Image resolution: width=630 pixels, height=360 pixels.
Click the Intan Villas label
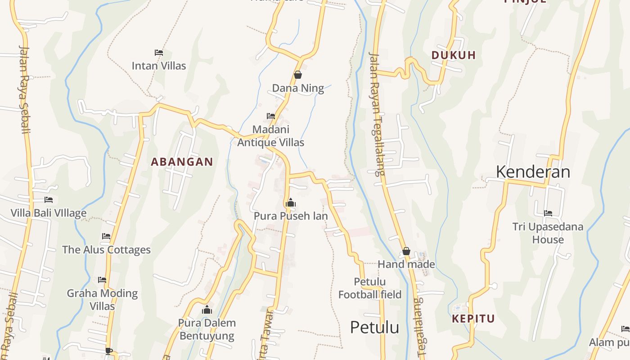click(158, 66)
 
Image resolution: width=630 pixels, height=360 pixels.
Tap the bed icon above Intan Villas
click(158, 53)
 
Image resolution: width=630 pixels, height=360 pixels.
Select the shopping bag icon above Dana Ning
click(297, 75)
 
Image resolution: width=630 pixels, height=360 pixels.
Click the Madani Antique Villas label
click(270, 136)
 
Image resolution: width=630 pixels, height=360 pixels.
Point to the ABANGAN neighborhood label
click(182, 162)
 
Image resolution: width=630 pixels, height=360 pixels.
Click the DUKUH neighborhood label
click(453, 55)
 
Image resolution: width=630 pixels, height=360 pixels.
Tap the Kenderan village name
click(533, 172)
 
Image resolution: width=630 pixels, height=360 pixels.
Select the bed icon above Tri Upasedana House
click(548, 213)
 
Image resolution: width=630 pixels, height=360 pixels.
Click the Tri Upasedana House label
click(548, 233)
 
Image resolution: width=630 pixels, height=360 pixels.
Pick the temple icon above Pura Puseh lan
click(291, 203)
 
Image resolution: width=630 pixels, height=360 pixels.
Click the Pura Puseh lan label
click(291, 216)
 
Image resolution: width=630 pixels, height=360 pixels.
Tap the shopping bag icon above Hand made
click(406, 251)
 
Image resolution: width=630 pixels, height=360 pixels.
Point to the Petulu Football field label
click(370, 288)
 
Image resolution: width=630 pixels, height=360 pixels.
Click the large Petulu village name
click(374, 327)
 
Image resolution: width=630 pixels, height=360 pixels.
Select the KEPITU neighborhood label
click(473, 319)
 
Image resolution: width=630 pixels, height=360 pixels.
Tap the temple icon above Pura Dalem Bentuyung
click(207, 310)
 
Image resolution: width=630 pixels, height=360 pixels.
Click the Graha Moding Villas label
click(102, 300)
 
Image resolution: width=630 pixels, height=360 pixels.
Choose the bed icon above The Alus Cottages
click(106, 236)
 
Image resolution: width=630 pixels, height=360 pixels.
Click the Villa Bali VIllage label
click(49, 213)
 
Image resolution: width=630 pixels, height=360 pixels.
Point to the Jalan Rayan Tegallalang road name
click(377, 113)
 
